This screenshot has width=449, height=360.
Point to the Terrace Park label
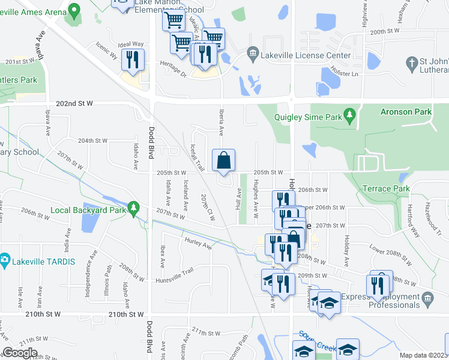click(x=386, y=189)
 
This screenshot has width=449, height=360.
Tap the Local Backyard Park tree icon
click(x=136, y=208)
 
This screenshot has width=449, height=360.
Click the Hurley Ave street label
click(x=199, y=245)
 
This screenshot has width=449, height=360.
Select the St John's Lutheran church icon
click(x=411, y=62)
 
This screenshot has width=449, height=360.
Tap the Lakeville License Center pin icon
click(x=252, y=55)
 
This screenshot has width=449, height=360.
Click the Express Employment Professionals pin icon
click(x=427, y=298)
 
